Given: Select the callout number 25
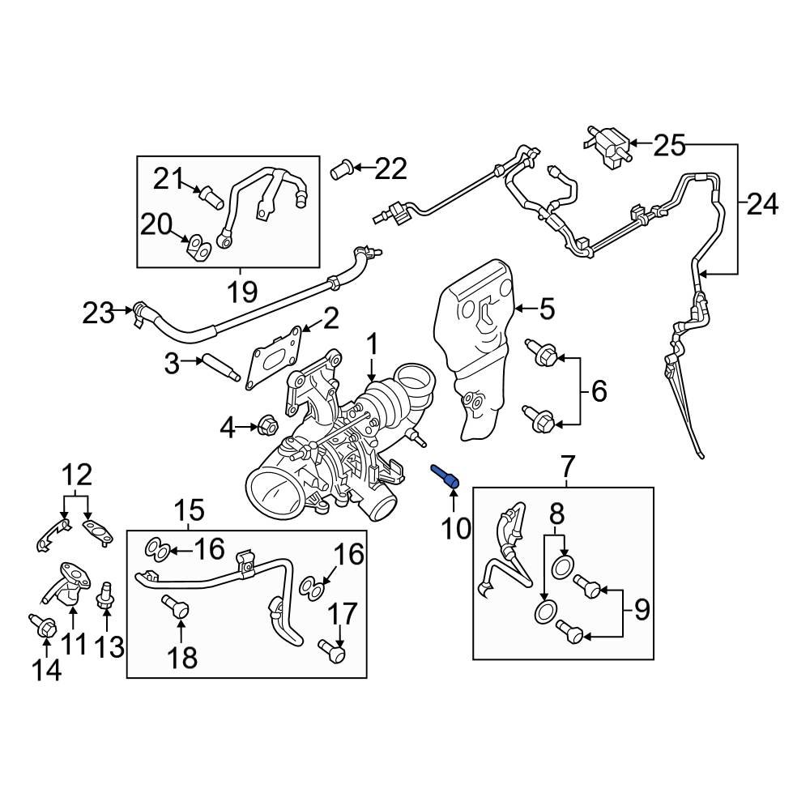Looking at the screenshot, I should tap(669, 146).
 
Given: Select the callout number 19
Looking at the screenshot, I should tap(241, 289).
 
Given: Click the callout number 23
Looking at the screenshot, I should tap(99, 312).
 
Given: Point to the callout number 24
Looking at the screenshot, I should tap(761, 205).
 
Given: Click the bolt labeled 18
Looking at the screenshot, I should tap(177, 607).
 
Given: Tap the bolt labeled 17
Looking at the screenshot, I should tap(332, 647).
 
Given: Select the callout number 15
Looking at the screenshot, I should tap(190, 510).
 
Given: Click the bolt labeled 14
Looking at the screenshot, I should tap(44, 625).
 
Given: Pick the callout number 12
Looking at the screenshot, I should tap(79, 474).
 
